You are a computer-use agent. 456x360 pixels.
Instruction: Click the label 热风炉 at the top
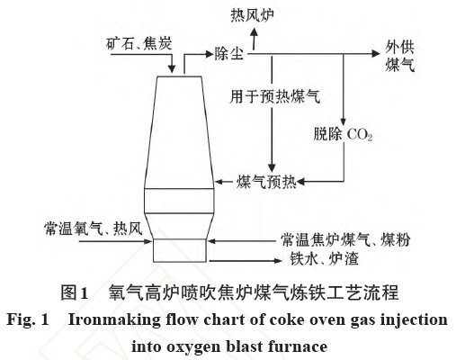click(252, 15)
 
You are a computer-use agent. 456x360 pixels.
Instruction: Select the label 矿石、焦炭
click(139, 43)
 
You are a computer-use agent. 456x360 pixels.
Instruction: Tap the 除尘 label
click(228, 54)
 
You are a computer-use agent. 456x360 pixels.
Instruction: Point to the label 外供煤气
click(400, 57)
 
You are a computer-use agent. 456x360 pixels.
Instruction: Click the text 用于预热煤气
click(275, 96)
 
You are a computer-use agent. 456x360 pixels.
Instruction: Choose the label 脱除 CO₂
click(343, 134)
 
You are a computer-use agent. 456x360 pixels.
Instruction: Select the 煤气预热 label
click(266, 182)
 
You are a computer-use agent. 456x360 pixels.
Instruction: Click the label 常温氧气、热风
click(94, 229)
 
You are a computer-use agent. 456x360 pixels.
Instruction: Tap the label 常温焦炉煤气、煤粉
click(345, 240)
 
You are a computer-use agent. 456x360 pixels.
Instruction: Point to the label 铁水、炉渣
click(325, 258)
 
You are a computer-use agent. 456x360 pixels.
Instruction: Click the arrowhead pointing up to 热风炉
click(255, 32)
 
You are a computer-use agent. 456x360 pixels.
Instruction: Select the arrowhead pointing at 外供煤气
click(376, 54)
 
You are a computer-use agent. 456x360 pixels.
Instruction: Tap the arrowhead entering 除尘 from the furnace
click(209, 54)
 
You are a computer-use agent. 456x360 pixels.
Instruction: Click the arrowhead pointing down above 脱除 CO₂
click(344, 121)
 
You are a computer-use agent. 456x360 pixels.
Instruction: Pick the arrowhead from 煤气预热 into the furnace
click(219, 182)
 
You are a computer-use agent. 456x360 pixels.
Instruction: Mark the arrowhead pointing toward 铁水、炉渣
click(278, 261)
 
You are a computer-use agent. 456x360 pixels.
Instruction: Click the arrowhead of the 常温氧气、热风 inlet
click(148, 241)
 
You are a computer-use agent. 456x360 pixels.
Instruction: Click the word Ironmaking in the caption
click(114, 320)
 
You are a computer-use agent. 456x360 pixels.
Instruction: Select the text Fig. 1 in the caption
click(28, 319)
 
